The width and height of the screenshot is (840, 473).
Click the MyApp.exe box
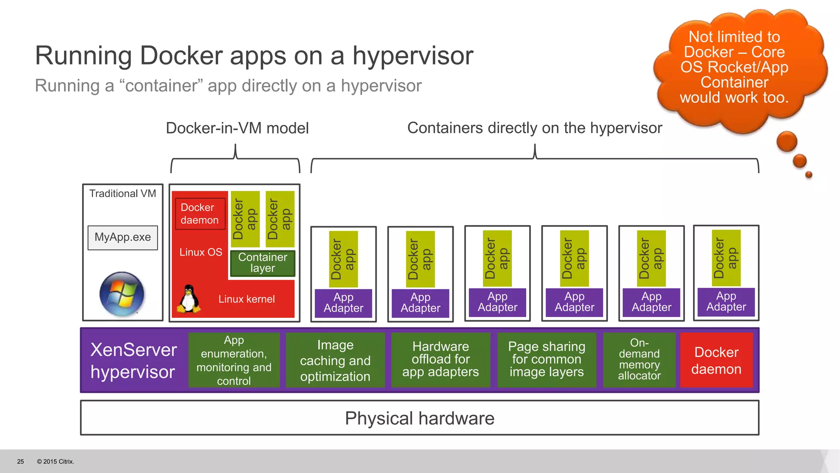(x=123, y=237)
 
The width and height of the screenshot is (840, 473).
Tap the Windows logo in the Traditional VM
(x=122, y=294)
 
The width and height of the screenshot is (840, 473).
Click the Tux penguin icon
(x=189, y=299)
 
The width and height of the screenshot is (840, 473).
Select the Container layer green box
(x=262, y=263)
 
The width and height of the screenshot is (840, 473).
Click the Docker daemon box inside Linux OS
(x=200, y=214)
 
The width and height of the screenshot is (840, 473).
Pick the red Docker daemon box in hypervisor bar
(x=716, y=360)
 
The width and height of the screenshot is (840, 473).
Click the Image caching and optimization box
(x=335, y=360)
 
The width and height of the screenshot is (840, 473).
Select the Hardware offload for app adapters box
(x=441, y=359)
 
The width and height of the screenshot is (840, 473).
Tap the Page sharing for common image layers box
(x=546, y=359)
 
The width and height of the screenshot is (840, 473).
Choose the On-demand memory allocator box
(x=639, y=359)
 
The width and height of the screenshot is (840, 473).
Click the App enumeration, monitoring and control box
(x=234, y=360)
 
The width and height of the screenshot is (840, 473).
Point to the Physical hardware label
(x=420, y=418)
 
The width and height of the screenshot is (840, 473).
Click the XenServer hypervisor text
(x=133, y=360)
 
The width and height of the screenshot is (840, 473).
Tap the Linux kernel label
(x=247, y=299)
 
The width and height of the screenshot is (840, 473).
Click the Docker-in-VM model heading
(x=237, y=128)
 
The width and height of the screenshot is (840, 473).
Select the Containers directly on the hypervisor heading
(x=534, y=128)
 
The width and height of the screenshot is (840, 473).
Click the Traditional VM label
(x=123, y=193)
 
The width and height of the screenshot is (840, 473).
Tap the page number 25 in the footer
(x=21, y=462)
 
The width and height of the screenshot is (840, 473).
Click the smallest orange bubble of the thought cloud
(x=808, y=175)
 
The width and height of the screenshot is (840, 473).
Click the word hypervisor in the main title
(x=413, y=56)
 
